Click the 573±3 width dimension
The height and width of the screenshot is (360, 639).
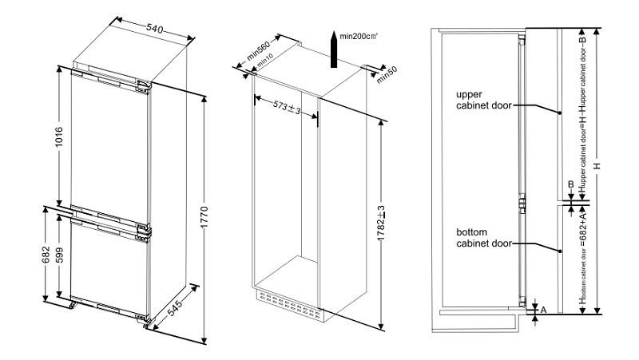tap(285, 106)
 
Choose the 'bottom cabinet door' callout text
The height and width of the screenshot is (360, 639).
tap(482, 236)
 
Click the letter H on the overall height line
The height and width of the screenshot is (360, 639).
tap(608, 168)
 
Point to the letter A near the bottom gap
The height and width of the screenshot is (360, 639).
tap(544, 308)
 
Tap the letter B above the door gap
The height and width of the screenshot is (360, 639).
tap(570, 184)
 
